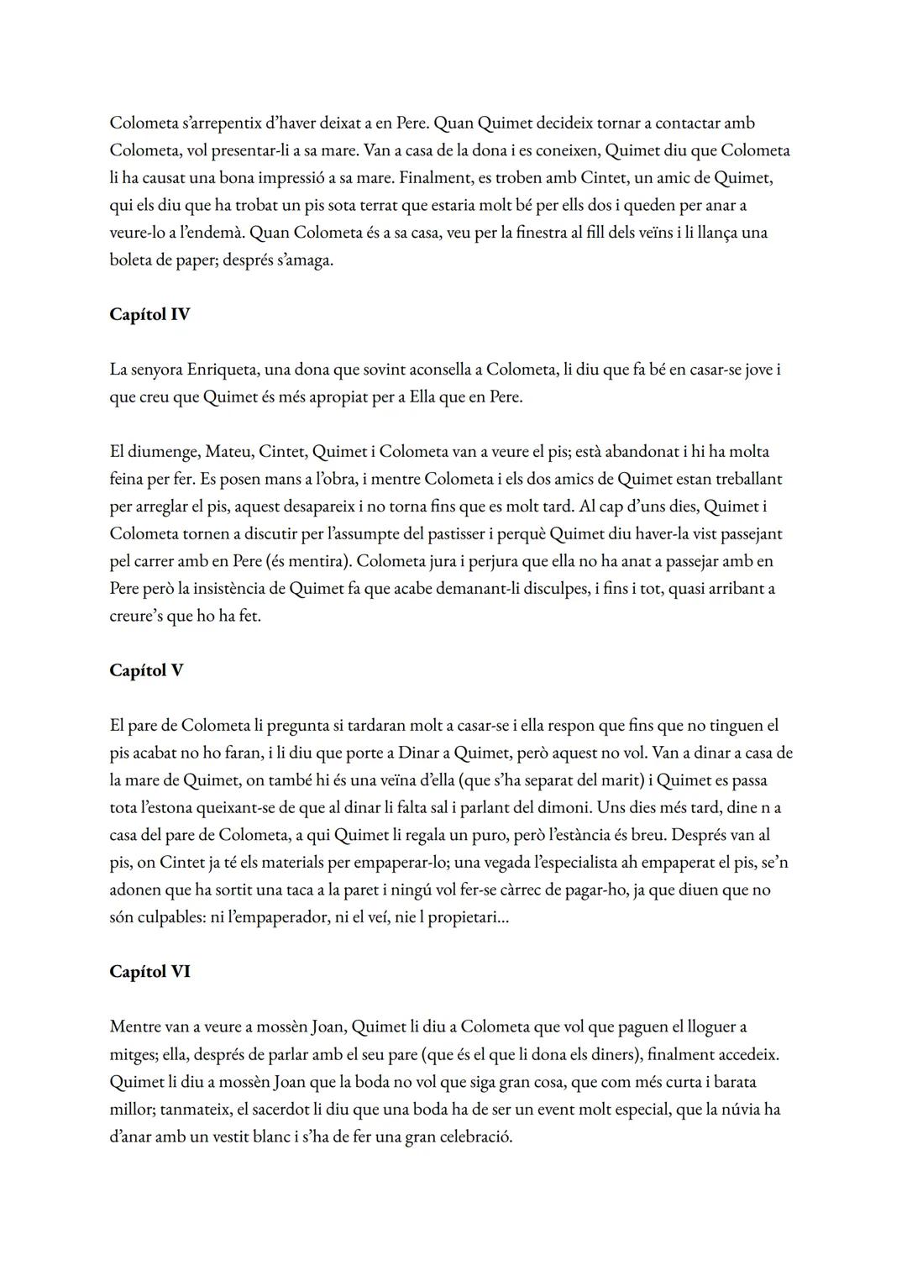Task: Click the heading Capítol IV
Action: click(x=149, y=315)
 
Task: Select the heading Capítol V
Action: click(x=146, y=671)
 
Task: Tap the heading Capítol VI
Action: click(x=149, y=972)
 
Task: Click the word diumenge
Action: click(x=165, y=452)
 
